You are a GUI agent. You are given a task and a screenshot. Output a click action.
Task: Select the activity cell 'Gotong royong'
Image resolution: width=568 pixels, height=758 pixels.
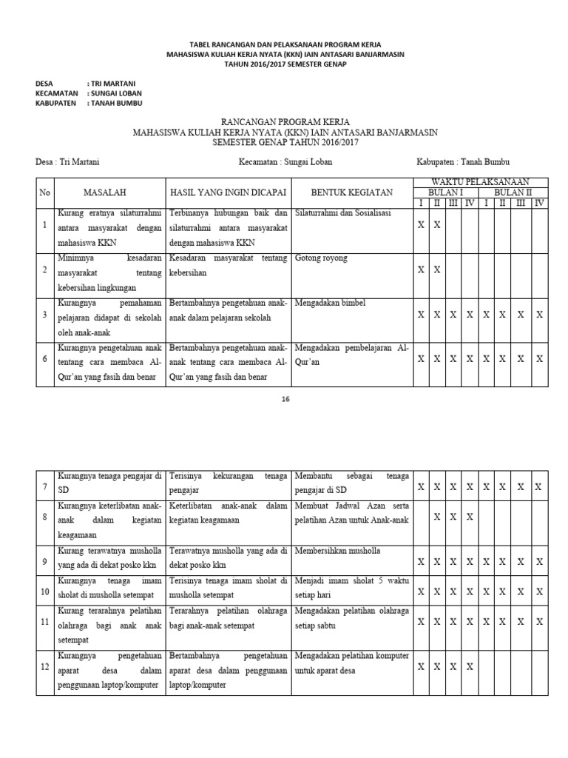pyautogui.click(x=321, y=258)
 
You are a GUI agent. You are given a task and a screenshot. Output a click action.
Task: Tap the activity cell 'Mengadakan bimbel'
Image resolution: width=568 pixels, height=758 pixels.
pyautogui.click(x=330, y=303)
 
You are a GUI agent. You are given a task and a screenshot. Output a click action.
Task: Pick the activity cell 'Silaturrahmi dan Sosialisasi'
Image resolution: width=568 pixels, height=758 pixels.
pyautogui.click(x=342, y=213)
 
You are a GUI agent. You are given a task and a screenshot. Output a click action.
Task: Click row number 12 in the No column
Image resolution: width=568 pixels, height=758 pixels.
pyautogui.click(x=45, y=668)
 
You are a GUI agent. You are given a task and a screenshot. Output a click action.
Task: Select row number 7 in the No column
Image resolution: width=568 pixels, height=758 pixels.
pyautogui.click(x=45, y=487)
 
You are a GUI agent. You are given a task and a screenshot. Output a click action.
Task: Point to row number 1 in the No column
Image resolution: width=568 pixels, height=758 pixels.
pyautogui.click(x=45, y=225)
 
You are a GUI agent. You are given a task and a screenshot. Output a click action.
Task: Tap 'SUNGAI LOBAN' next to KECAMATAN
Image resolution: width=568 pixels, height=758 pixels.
pyautogui.click(x=117, y=93)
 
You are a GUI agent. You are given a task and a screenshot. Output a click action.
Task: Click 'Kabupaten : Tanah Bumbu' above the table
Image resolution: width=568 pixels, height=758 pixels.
pyautogui.click(x=463, y=161)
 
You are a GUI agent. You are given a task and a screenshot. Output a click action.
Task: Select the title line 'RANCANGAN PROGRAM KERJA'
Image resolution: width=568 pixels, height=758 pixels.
pyautogui.click(x=285, y=121)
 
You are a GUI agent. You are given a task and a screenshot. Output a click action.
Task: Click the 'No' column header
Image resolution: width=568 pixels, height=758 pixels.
pyautogui.click(x=45, y=192)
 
